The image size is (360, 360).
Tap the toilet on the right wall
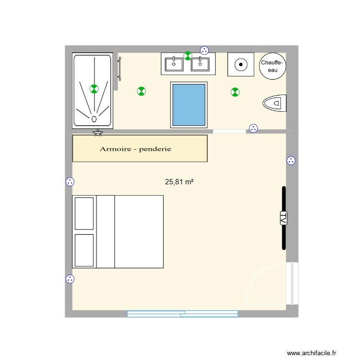[275, 102]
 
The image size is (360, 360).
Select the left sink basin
[173, 63]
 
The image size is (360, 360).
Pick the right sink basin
[200, 63]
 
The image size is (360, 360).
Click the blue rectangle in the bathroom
[189, 104]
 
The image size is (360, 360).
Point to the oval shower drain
[94, 118]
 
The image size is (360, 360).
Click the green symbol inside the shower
[94, 88]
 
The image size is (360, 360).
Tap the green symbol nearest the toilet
[235, 91]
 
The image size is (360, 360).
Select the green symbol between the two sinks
[188, 56]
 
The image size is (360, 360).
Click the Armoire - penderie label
[135, 149]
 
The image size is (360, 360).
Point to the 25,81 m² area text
[179, 182]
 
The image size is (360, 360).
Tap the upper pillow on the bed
[84, 213]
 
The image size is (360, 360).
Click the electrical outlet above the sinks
[204, 50]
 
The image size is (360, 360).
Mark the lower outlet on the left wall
[70, 279]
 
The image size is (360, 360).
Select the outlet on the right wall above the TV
[291, 161]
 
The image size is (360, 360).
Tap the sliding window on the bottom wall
[182, 314]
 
